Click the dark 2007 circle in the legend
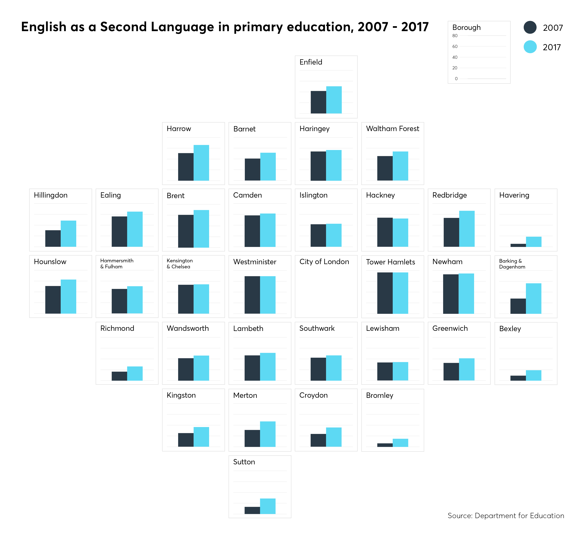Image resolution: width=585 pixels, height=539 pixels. coord(530,27)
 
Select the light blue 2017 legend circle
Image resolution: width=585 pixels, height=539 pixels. coord(530,47)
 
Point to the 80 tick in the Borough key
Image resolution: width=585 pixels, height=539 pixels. coord(455,36)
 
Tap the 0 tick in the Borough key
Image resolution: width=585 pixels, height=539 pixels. coord(456,79)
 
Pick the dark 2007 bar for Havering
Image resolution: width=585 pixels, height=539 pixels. coord(518,245)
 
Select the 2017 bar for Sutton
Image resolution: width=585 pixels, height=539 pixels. coord(268,506)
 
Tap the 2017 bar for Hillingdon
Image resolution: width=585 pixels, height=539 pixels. coord(68,234)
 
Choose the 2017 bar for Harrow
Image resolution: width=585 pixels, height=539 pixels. coord(201,163)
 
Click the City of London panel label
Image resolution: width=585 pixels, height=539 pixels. coord(324,262)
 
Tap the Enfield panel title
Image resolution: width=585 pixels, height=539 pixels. coord(311,62)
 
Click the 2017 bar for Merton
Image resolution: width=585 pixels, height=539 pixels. coord(268,434)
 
